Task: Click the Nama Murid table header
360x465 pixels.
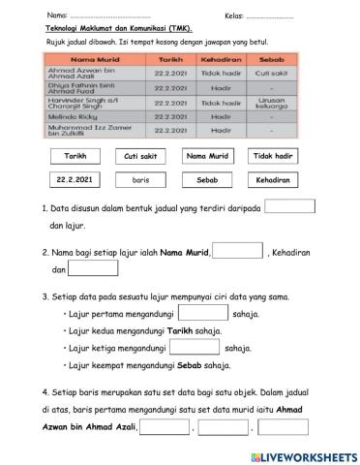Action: click(x=93, y=59)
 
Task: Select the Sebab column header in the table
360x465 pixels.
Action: click(x=258, y=59)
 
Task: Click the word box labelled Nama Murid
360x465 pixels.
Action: click(x=206, y=156)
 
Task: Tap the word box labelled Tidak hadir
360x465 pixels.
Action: click(x=273, y=156)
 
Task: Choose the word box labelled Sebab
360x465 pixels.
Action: click(x=206, y=179)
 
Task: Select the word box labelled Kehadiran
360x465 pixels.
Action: click(x=273, y=179)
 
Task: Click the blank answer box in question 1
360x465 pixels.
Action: click(x=289, y=205)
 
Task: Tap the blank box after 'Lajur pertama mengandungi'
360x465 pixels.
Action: click(x=202, y=313)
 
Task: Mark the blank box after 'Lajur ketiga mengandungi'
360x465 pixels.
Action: click(x=193, y=347)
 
